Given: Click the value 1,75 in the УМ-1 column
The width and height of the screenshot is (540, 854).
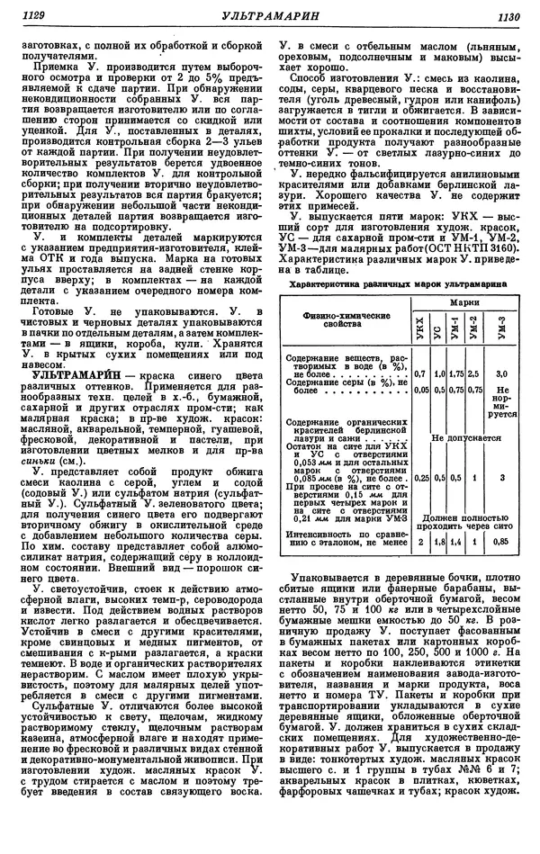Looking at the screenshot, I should [x=456, y=372].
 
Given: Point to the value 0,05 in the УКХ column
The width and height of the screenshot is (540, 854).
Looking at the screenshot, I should [x=420, y=391].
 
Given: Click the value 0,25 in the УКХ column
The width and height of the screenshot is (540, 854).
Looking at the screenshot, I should [x=420, y=478].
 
